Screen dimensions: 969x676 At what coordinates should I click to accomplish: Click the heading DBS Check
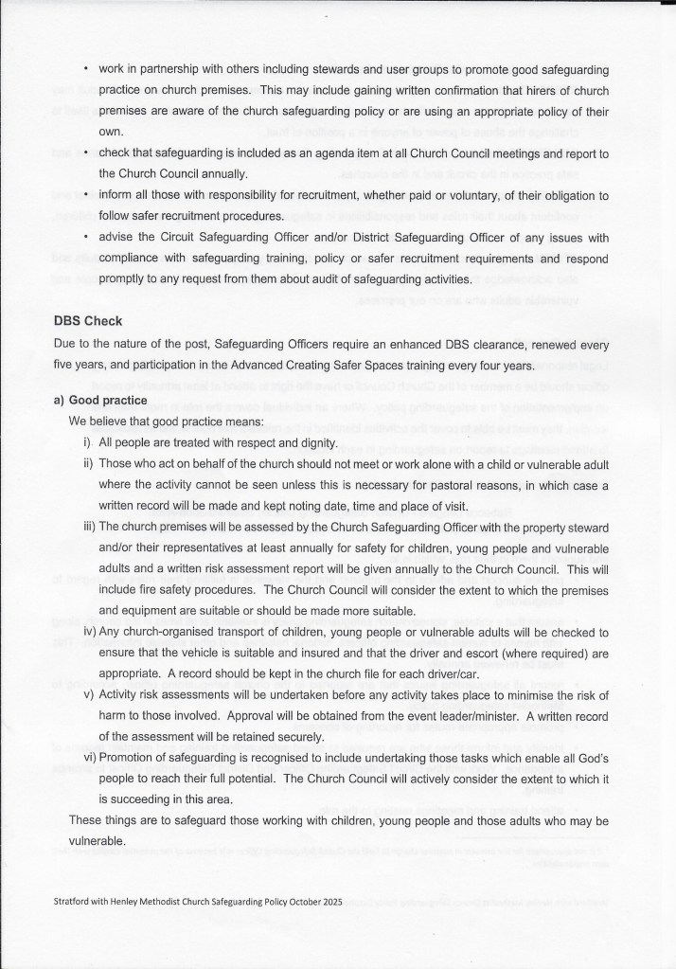[88, 320]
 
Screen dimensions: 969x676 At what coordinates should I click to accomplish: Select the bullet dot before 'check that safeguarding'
[85, 152]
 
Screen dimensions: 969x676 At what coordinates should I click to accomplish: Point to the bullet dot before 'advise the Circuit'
[85, 237]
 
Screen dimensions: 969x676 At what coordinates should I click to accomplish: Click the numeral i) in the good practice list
[88, 442]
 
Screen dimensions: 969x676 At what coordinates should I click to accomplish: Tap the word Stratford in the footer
[76, 903]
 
